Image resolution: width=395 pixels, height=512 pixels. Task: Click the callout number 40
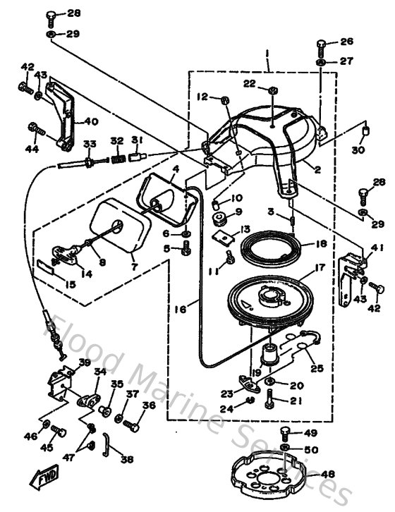coord(90,121)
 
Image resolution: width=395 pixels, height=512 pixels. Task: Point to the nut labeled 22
coord(272,90)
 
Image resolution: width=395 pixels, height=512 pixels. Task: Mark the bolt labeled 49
coord(285,433)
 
